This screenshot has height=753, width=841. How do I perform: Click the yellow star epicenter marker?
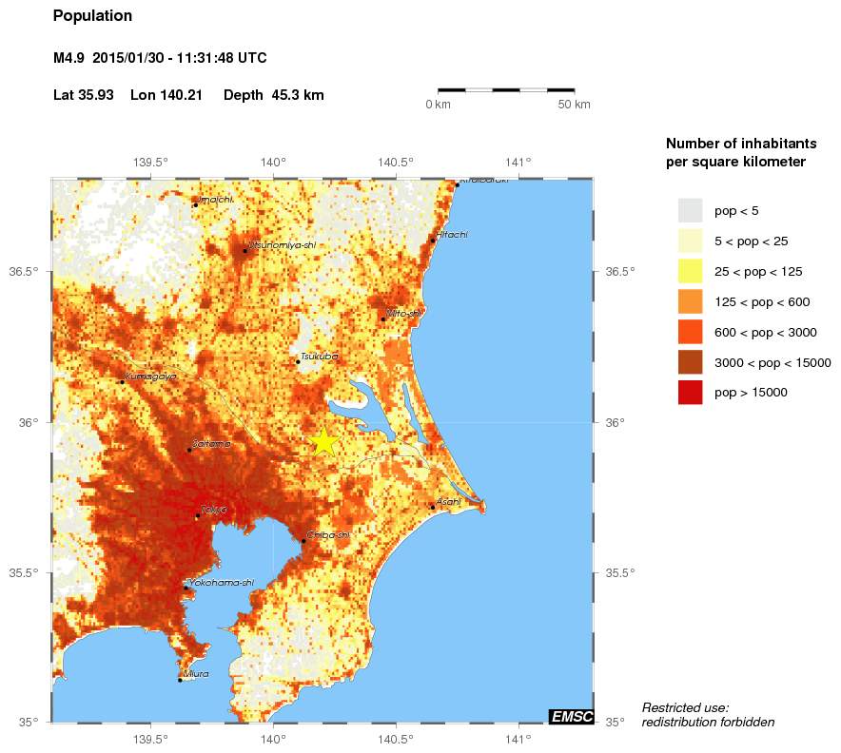coord(323,441)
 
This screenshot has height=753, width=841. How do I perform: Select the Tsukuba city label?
coord(319,357)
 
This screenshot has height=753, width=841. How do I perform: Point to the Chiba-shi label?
coord(328,535)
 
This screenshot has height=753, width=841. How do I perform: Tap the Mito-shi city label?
coord(404,313)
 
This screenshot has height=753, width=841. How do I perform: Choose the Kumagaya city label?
coord(150,376)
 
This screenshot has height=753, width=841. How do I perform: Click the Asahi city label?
coord(448,501)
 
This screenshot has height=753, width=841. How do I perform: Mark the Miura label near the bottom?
coord(196,673)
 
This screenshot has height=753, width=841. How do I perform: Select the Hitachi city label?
coord(452,235)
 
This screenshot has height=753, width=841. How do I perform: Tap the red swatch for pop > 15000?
coord(690,392)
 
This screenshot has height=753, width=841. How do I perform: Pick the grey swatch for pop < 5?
coord(690,210)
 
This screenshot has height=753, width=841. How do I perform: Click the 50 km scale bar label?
coord(574,104)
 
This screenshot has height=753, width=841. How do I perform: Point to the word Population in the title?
coord(92,16)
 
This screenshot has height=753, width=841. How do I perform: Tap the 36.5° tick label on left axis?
coord(25,272)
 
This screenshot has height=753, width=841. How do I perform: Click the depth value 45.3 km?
coord(298,95)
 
